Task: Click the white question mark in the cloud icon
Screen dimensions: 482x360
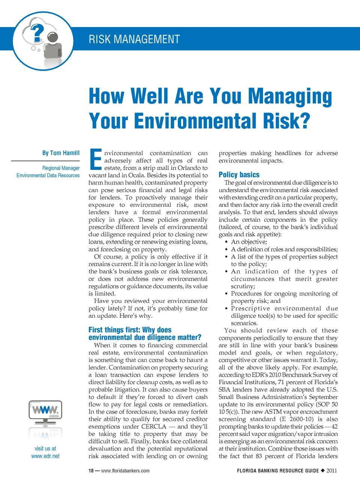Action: point(37,33)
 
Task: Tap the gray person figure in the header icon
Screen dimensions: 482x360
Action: point(52,47)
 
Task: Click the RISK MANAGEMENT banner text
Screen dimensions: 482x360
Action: point(134,39)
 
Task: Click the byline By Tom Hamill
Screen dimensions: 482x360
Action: point(61,153)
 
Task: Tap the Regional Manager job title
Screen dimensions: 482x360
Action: point(61,168)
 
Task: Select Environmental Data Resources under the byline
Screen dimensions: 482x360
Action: point(48,176)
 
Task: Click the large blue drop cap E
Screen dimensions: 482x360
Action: point(96,159)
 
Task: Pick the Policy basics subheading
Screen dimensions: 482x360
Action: point(239,175)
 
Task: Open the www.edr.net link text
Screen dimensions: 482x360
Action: point(45,456)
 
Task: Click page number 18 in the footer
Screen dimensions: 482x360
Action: point(91,471)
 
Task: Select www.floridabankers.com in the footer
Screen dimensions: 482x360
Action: point(125,471)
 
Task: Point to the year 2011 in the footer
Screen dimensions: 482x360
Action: point(331,471)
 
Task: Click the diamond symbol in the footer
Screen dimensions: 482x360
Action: point(322,470)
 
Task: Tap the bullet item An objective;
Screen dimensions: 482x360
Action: point(249,242)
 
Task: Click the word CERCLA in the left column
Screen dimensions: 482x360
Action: point(154,426)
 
